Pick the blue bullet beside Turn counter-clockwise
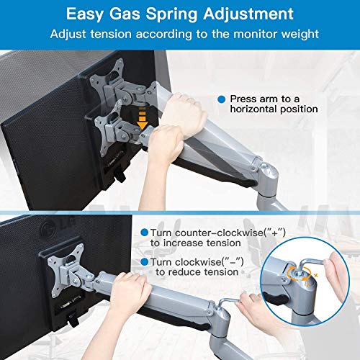click(144, 233)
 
